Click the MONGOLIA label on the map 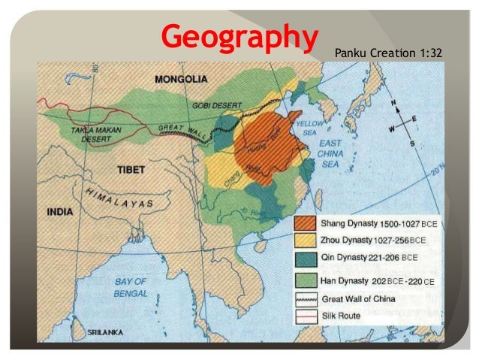click(181, 79)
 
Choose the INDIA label click(60, 212)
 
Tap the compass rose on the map click(405, 128)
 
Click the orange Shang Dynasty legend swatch click(305, 224)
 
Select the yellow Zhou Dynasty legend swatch click(305, 240)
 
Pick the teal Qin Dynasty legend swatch click(305, 258)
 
